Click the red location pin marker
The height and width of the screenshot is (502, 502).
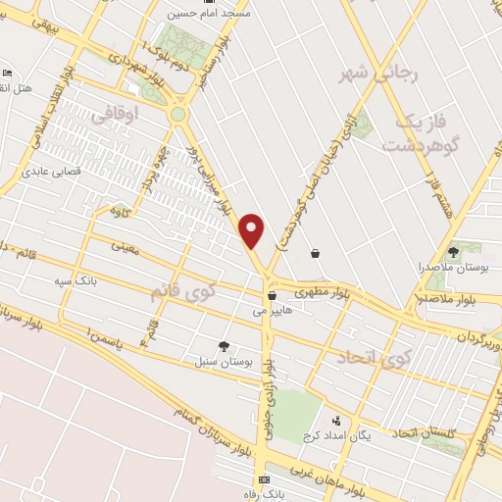253,229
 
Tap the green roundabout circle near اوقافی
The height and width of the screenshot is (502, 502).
177,115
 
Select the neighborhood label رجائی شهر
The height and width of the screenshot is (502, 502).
364,75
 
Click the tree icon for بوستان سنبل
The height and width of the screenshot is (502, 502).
226,346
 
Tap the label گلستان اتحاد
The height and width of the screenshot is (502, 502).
425,432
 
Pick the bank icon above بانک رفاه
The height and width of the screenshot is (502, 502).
263,479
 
